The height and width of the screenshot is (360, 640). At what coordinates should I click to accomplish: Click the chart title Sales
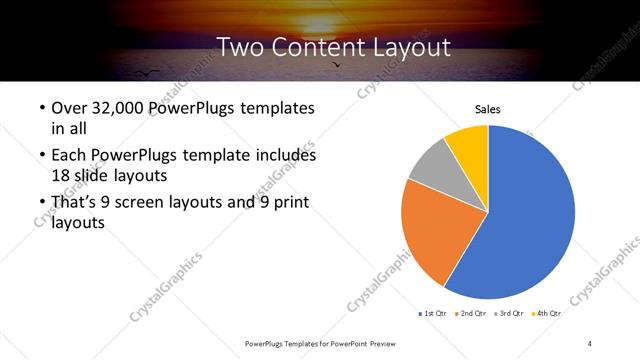click(x=487, y=110)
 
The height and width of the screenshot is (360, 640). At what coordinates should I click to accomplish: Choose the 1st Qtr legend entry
click(x=433, y=314)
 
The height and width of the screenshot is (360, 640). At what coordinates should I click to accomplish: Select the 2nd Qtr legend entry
click(x=471, y=314)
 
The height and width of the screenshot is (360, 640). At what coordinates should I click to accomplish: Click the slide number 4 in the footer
click(x=590, y=343)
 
